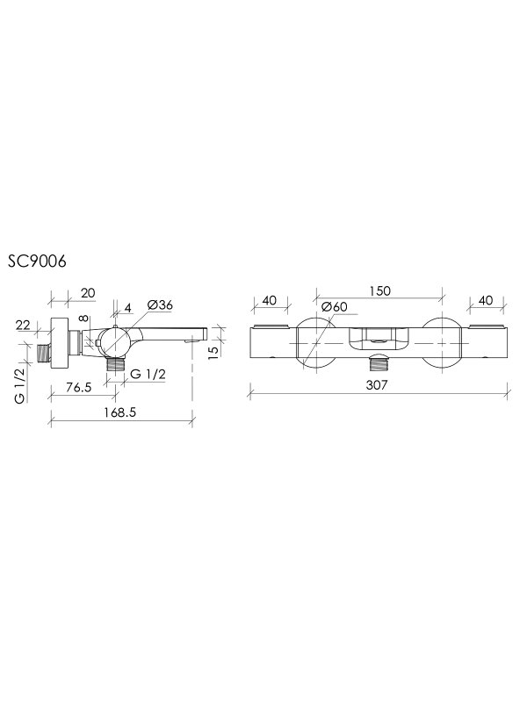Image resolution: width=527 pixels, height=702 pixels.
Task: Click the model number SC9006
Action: (x=37, y=261)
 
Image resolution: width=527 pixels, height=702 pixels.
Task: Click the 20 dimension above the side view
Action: (x=88, y=293)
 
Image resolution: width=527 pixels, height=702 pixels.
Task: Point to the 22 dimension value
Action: (x=23, y=325)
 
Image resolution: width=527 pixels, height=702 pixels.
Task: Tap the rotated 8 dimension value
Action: (x=83, y=318)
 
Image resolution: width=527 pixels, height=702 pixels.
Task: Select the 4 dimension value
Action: (x=127, y=308)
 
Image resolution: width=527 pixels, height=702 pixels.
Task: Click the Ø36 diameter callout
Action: (x=160, y=305)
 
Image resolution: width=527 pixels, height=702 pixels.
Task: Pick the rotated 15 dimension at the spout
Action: (x=214, y=350)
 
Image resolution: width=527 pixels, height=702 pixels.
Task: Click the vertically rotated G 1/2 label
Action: (x=20, y=384)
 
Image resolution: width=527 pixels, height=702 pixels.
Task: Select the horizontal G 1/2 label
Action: (x=148, y=374)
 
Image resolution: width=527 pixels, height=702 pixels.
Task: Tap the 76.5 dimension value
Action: (x=78, y=387)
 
